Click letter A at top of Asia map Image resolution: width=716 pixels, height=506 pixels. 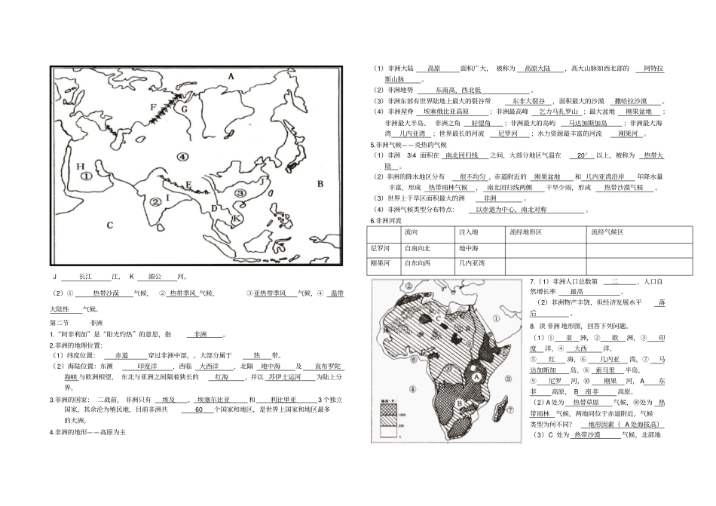(231, 76)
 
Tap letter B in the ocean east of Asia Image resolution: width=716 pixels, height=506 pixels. (319, 183)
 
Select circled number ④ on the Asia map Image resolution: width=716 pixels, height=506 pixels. (181, 156)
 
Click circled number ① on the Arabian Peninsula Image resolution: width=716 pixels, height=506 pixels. (87, 176)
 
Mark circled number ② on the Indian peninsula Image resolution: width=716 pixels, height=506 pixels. (155, 201)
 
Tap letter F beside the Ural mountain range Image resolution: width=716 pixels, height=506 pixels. (154, 107)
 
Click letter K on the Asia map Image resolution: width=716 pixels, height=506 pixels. (236, 219)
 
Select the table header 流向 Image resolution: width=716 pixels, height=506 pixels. (412, 233)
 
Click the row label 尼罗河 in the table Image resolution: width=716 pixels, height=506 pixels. (381, 248)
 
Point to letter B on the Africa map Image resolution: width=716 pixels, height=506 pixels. (457, 403)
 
